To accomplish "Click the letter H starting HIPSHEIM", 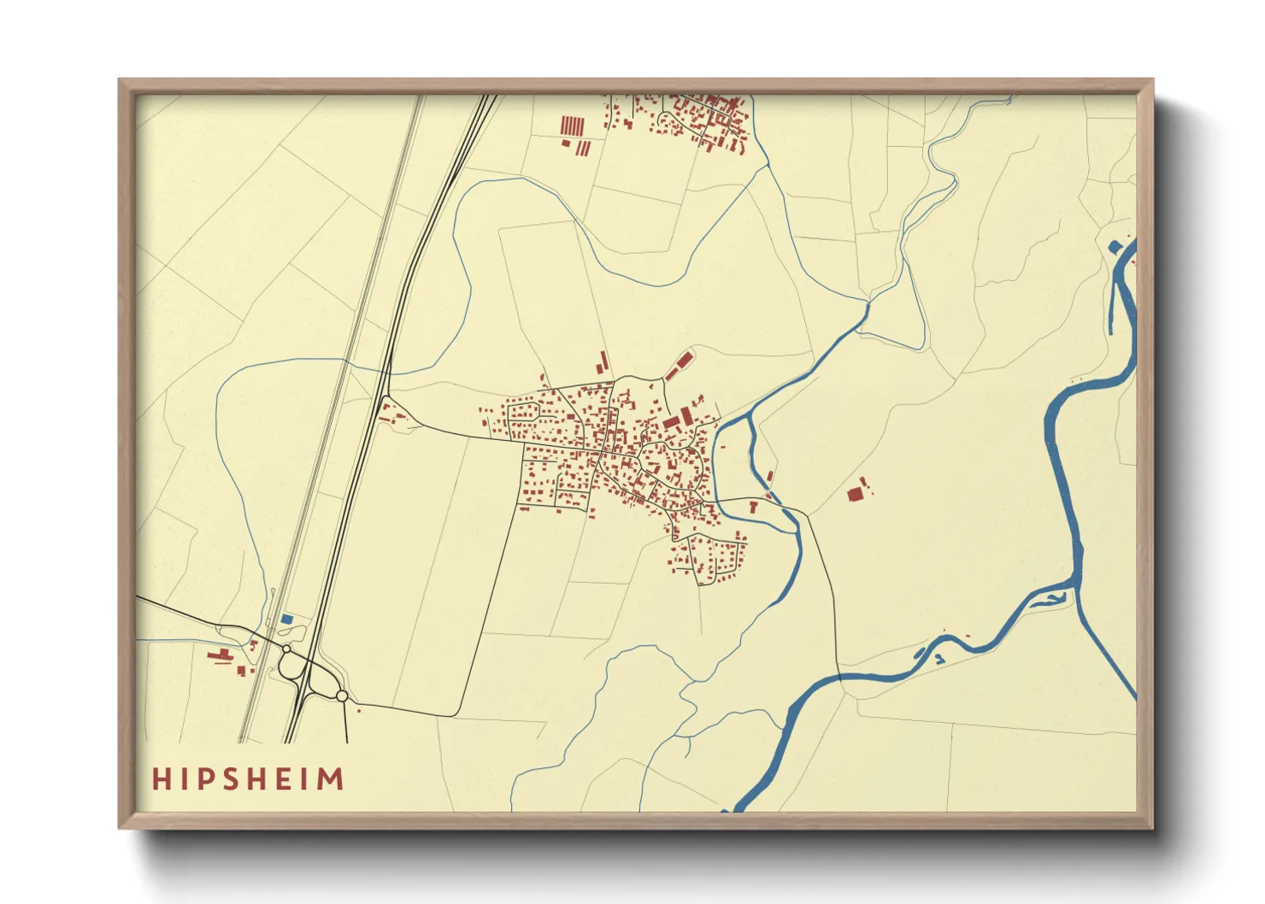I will [x=161, y=779].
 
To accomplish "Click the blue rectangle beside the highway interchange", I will [x=287, y=619].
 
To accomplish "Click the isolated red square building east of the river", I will [x=854, y=494].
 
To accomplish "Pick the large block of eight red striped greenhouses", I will [x=572, y=126].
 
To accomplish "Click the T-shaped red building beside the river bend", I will [x=753, y=507].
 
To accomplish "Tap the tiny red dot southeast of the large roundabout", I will [x=358, y=710].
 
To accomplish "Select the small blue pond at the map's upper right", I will [x=1114, y=248].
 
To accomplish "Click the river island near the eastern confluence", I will [x=1050, y=596].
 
